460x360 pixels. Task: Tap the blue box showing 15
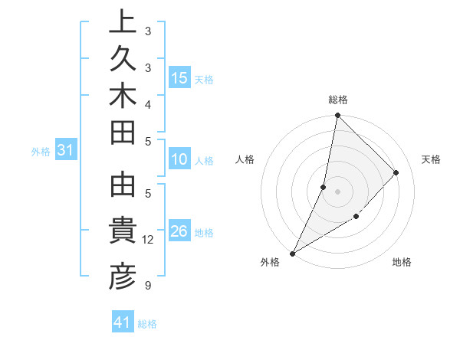point(179,77)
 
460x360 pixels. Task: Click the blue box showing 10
point(179,160)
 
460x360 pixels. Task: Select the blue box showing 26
point(179,231)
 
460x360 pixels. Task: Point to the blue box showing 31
point(65,151)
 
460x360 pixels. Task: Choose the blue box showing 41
point(123,323)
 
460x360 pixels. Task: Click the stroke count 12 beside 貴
point(149,240)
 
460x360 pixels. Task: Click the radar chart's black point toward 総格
point(337,115)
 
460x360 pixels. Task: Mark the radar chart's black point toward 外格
point(292,253)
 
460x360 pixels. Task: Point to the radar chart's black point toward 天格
point(396,172)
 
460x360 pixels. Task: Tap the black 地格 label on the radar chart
point(402,262)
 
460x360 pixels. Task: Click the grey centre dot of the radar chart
point(337,191)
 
